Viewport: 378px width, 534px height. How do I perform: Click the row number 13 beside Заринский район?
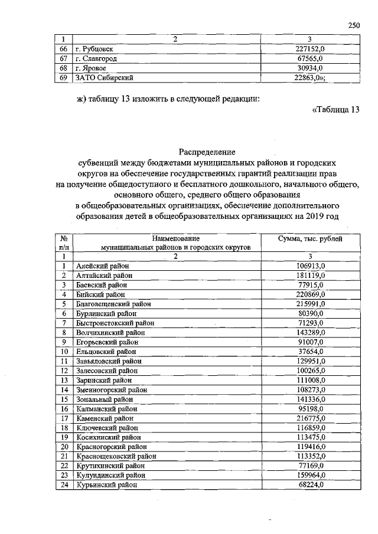[x=63, y=381]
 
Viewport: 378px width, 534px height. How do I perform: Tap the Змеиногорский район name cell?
[x=110, y=390]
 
